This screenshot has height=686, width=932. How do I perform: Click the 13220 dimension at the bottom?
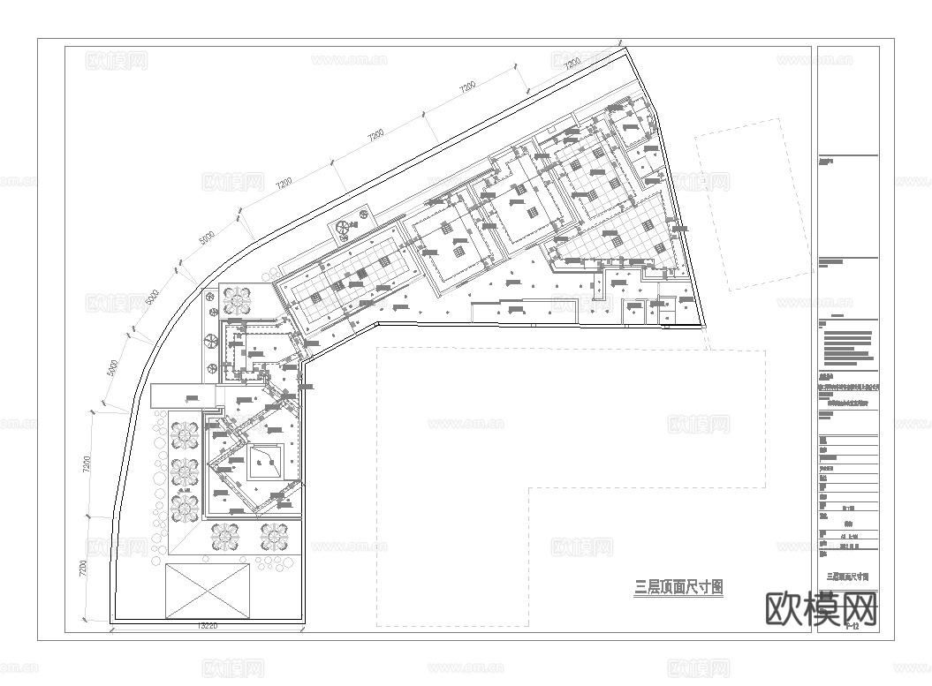pos(207,626)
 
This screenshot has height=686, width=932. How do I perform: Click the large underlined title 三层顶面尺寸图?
pos(678,586)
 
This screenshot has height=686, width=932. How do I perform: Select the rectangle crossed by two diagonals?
pos(208,591)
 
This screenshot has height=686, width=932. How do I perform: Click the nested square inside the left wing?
pos(266,461)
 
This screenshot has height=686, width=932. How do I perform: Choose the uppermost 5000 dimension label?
pos(207,238)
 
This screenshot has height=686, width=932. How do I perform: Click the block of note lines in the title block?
pos(848,347)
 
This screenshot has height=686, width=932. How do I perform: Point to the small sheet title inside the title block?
pos(847,576)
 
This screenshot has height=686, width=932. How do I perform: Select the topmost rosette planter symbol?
pos(237,301)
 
